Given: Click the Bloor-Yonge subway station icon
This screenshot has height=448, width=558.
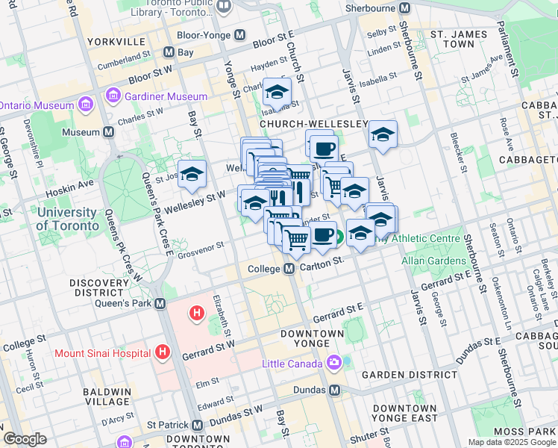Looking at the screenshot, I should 240,35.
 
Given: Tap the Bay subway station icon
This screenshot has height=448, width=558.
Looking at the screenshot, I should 169,53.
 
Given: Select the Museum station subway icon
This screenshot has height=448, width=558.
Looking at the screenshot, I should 109,132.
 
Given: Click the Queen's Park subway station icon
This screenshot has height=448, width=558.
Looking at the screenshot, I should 160,304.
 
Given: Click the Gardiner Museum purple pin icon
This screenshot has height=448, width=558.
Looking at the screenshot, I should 113,96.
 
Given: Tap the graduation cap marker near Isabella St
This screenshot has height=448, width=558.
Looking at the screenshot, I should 277,92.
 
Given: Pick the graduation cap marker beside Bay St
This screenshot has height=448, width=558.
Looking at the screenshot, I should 192,174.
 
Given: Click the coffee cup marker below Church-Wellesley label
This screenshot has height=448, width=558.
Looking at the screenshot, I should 323,149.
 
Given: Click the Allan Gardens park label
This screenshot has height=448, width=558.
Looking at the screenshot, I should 433,261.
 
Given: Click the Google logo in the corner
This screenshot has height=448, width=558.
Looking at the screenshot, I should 25,438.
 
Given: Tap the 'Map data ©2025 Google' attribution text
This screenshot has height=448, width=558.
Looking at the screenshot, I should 512,442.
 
